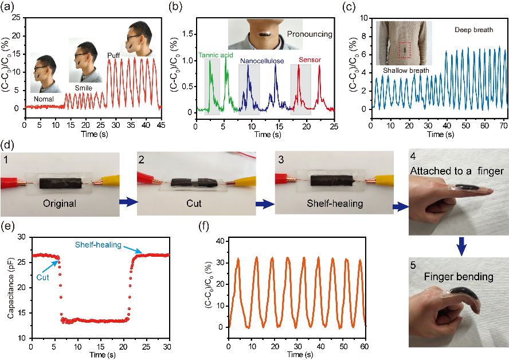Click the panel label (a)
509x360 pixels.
pyautogui.click(x=10, y=6)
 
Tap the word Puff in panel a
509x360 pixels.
pyautogui.click(x=113, y=55)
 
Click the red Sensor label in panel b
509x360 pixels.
pyautogui.click(x=310, y=59)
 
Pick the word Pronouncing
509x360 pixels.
pyautogui.click(x=310, y=34)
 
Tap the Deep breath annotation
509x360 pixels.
pyautogui.click(x=474, y=29)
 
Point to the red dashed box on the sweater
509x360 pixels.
pyautogui.click(x=405, y=50)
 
